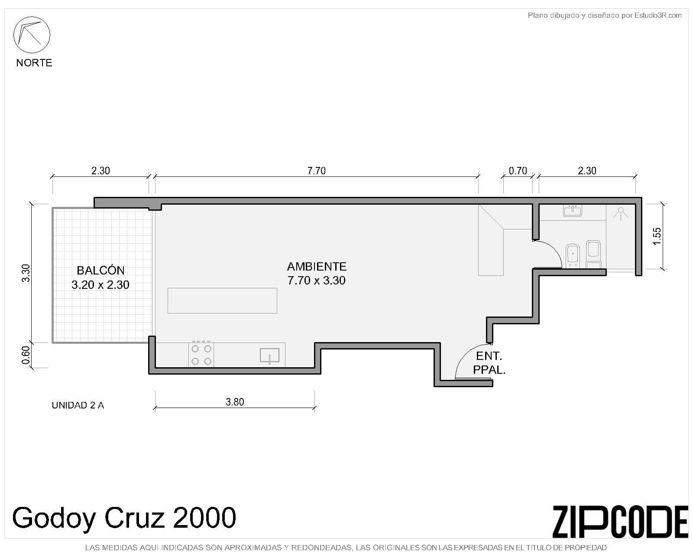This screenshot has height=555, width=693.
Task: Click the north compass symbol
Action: click(x=32, y=35)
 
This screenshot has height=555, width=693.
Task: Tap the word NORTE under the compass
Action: click(x=34, y=62)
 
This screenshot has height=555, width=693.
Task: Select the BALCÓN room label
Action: click(x=100, y=270)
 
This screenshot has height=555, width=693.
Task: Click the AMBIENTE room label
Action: click(x=317, y=266)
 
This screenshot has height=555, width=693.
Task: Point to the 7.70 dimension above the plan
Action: click(x=316, y=170)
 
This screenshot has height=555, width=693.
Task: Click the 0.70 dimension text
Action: click(x=518, y=170)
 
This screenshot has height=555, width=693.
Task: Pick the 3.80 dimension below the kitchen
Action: click(x=235, y=402)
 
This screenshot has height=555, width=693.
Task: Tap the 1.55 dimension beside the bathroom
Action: click(x=657, y=236)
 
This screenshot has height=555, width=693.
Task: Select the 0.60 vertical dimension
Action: click(x=26, y=355)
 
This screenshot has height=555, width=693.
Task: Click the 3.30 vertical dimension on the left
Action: click(x=26, y=273)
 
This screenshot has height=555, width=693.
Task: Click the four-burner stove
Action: click(x=201, y=354)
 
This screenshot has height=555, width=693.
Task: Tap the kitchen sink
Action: click(x=269, y=356)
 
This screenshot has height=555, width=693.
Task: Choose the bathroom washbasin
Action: click(x=573, y=211)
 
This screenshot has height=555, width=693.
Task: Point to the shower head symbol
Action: click(x=621, y=213)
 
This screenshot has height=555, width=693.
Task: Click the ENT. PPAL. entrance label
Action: click(x=489, y=363)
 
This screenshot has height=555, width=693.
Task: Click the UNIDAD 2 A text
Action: click(x=78, y=405)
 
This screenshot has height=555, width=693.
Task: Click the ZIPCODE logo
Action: click(x=620, y=522)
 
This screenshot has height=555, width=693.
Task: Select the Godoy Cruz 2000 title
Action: click(x=124, y=518)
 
